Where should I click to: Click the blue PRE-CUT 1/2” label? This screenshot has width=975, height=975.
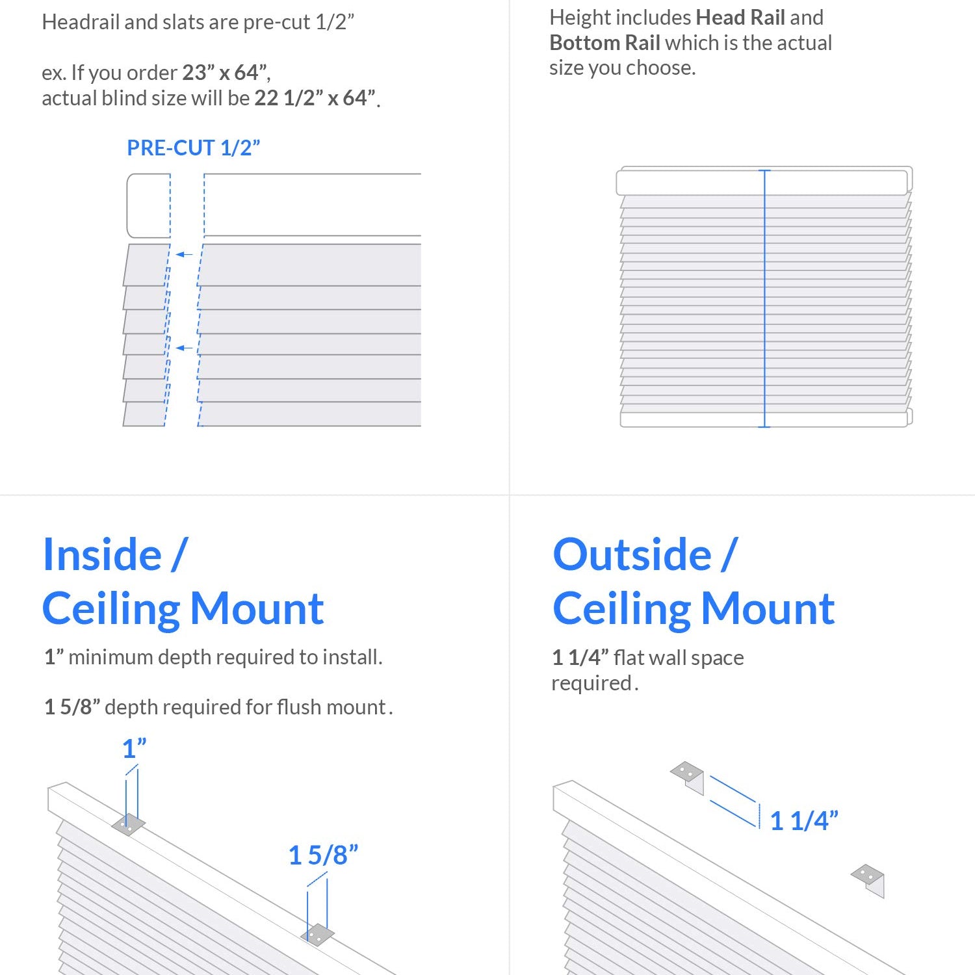(x=193, y=148)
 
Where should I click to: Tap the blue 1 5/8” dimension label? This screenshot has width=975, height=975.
(x=323, y=855)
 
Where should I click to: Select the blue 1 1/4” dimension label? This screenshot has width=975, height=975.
(x=803, y=821)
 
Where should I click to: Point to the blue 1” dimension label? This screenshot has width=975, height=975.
(x=134, y=749)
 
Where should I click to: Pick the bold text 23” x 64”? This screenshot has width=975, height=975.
(x=225, y=73)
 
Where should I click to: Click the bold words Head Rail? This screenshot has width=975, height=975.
(x=740, y=18)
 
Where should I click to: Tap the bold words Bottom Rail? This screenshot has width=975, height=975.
(x=604, y=43)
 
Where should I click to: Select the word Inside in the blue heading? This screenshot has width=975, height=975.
(x=102, y=555)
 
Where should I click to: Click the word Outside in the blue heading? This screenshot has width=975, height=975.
(x=632, y=555)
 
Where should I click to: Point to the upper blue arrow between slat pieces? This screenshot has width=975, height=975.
(x=185, y=254)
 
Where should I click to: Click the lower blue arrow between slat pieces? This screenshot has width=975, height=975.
(x=185, y=348)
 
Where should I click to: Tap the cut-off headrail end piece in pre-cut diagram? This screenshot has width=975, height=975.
(x=149, y=205)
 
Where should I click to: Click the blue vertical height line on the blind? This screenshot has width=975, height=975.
(x=764, y=299)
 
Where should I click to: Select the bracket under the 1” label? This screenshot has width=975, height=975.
(x=128, y=824)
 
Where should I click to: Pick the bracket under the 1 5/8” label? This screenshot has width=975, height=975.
(x=317, y=935)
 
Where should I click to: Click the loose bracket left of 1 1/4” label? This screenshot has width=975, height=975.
(x=688, y=776)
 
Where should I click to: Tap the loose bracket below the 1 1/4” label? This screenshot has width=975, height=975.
(x=869, y=879)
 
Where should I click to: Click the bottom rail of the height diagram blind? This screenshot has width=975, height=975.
(x=764, y=419)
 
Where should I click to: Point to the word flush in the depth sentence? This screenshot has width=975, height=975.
(x=299, y=707)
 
